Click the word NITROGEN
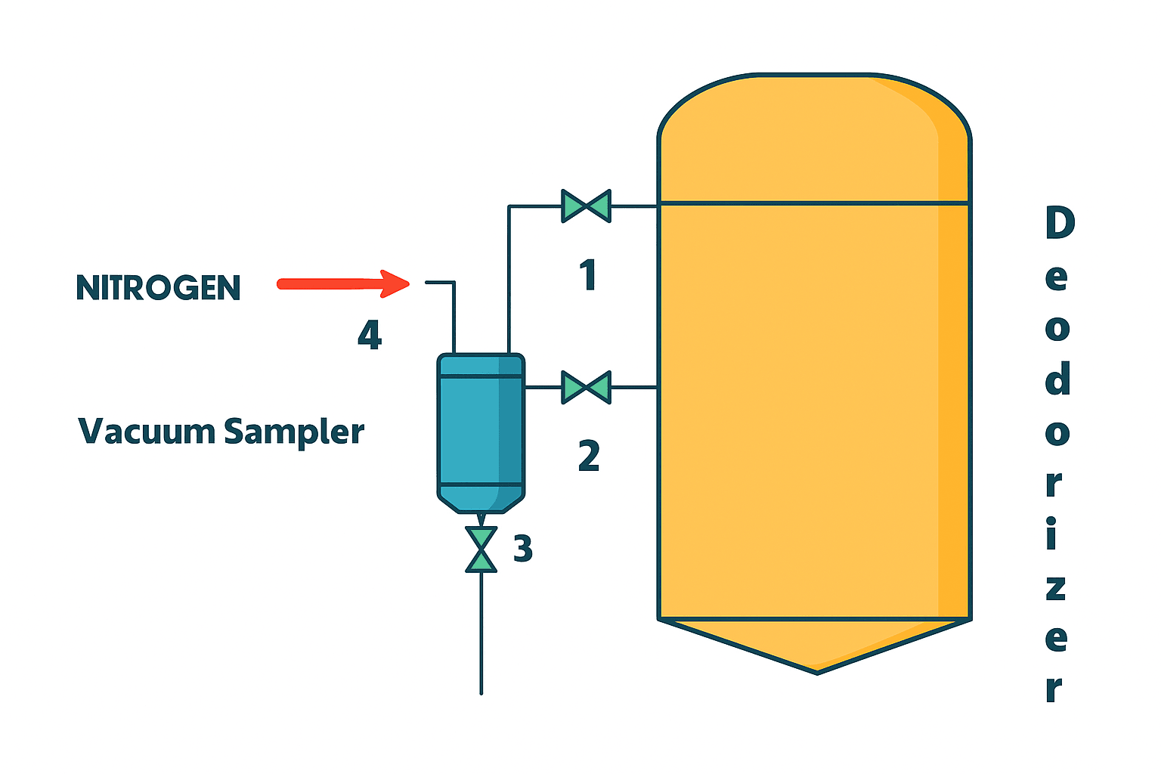(x=158, y=288)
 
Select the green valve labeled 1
(x=586, y=206)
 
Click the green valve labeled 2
(x=586, y=388)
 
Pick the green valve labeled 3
(x=481, y=550)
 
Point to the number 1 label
(x=588, y=275)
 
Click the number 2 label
(x=589, y=456)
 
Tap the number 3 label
(x=523, y=549)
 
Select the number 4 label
(x=370, y=335)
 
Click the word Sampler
(x=294, y=432)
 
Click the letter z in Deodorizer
(x=1056, y=587)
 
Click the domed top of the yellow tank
(x=814, y=136)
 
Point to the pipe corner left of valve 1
(x=509, y=206)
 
